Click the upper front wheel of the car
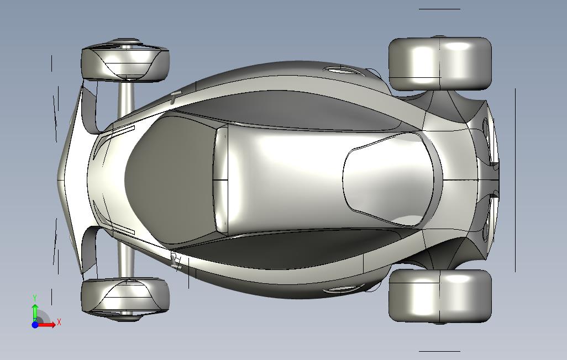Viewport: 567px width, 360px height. click(125, 60)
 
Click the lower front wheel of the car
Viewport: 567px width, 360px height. click(125, 299)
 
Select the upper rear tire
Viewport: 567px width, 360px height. click(440, 63)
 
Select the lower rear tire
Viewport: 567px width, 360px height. click(440, 296)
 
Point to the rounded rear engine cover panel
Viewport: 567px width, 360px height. click(392, 179)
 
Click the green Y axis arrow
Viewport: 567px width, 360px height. click(35, 313)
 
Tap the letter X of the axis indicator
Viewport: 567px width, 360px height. click(59, 322)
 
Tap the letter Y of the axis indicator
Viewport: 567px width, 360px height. click(35, 298)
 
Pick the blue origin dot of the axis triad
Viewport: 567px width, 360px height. click(35, 325)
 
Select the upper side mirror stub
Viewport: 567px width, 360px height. click(175, 97)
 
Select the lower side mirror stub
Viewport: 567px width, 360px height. click(176, 261)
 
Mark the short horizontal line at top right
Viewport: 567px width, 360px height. click(439, 9)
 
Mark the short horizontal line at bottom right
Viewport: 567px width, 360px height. click(439, 351)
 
